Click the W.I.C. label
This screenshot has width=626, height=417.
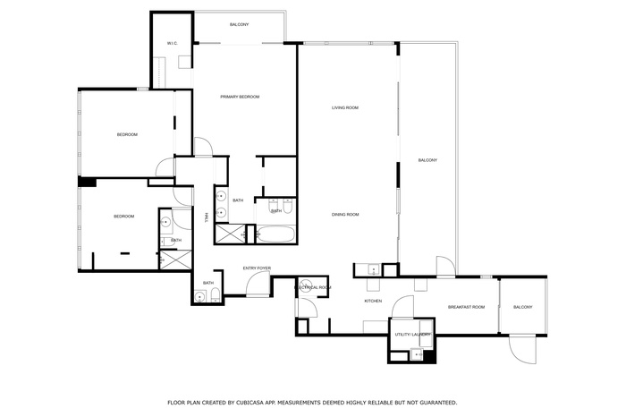click(x=173, y=44)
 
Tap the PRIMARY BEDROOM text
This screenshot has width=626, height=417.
click(x=240, y=97)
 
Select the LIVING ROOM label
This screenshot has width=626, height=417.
click(x=345, y=108)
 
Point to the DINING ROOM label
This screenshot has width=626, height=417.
click(x=345, y=215)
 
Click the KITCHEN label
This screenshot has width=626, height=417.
click(x=373, y=301)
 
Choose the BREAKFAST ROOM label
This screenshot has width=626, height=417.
click(x=466, y=307)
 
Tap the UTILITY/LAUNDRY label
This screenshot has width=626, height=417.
click(x=412, y=335)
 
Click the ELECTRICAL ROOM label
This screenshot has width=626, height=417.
click(x=315, y=287)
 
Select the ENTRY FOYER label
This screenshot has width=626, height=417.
click(x=257, y=268)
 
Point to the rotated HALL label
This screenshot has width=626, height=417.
click(x=206, y=217)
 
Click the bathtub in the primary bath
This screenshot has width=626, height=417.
click(x=276, y=235)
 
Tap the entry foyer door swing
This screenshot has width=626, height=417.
click(x=259, y=285)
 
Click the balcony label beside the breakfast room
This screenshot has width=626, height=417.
click(x=522, y=307)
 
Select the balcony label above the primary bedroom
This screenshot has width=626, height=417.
click(x=239, y=24)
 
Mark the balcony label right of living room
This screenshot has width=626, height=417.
click(x=427, y=160)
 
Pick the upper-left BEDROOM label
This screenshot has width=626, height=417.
click(x=127, y=135)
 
